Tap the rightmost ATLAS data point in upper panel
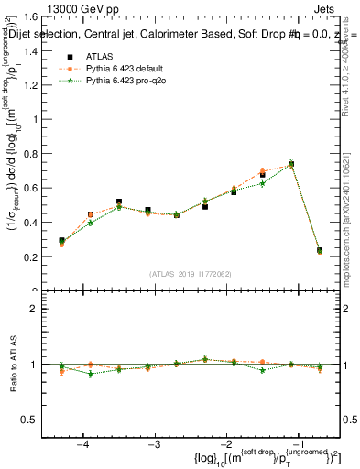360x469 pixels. tap(319, 250)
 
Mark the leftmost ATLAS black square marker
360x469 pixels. tap(61, 241)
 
